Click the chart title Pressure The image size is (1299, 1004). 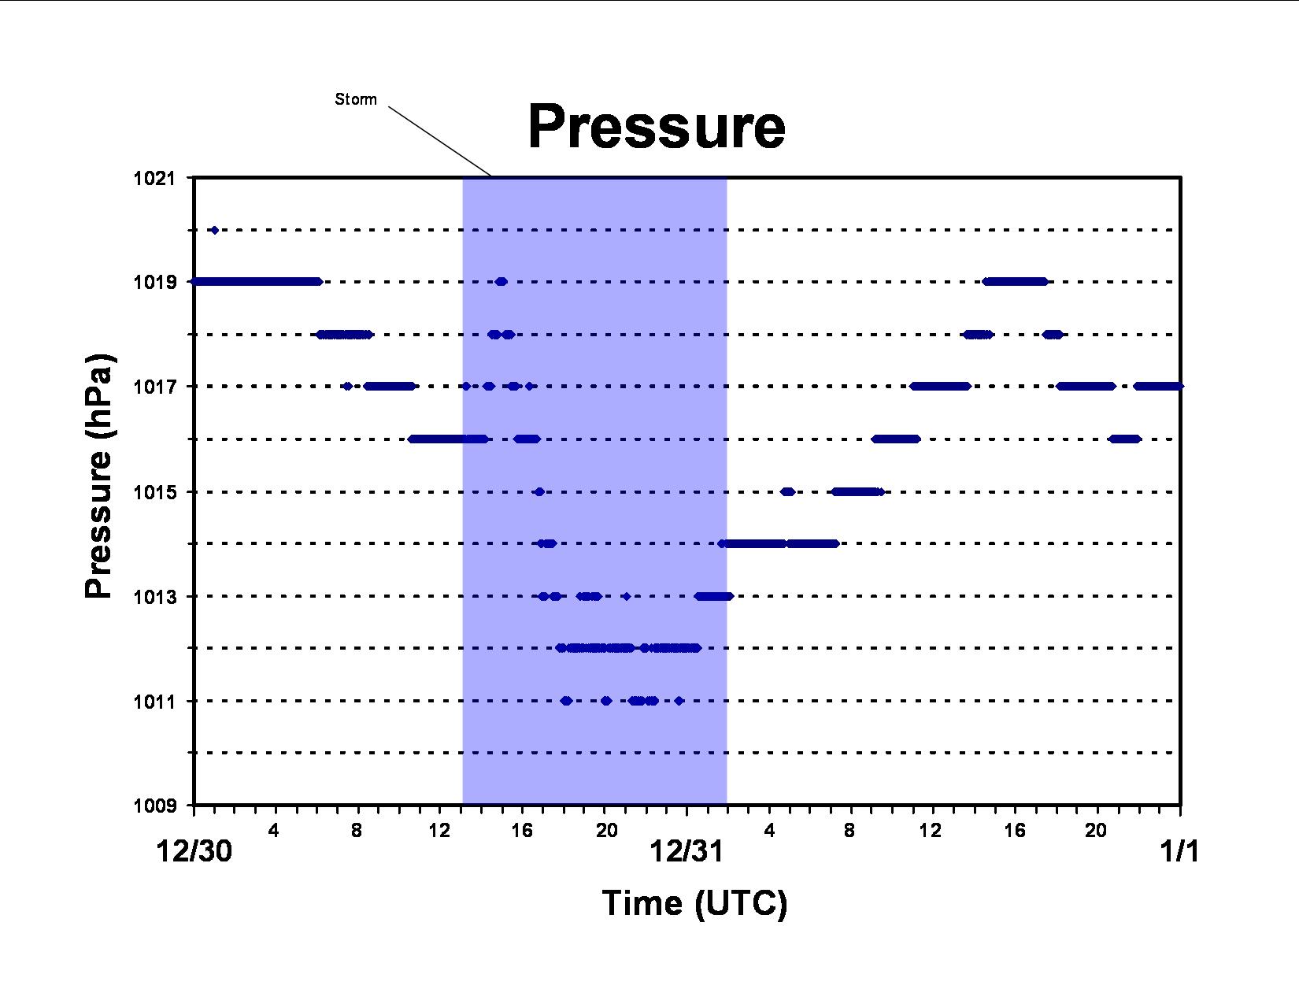pos(657,126)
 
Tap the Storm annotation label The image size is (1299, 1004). pos(356,99)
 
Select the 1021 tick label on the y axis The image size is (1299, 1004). pos(155,178)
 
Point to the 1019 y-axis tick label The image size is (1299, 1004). pos(155,282)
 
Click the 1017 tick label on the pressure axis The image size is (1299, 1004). pos(155,387)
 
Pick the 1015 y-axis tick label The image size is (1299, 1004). pos(155,492)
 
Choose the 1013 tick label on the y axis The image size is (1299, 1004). pos(155,596)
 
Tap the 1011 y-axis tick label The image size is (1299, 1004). pos(155,701)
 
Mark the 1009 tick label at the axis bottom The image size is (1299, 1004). pos(155,806)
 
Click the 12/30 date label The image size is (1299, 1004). pos(194,851)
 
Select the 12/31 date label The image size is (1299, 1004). pos(687,851)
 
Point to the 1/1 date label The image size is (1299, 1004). pos(1179,851)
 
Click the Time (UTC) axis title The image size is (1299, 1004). pos(694,903)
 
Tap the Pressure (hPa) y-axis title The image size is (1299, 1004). pos(98,476)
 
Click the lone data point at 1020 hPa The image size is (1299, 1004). pos(215,230)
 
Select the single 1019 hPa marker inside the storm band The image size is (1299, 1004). pos(501,282)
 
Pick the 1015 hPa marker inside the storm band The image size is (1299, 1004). pos(539,492)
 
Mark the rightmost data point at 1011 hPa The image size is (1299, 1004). pos(679,701)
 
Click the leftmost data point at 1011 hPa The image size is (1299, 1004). pos(566,701)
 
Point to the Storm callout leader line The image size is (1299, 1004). pos(440,142)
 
